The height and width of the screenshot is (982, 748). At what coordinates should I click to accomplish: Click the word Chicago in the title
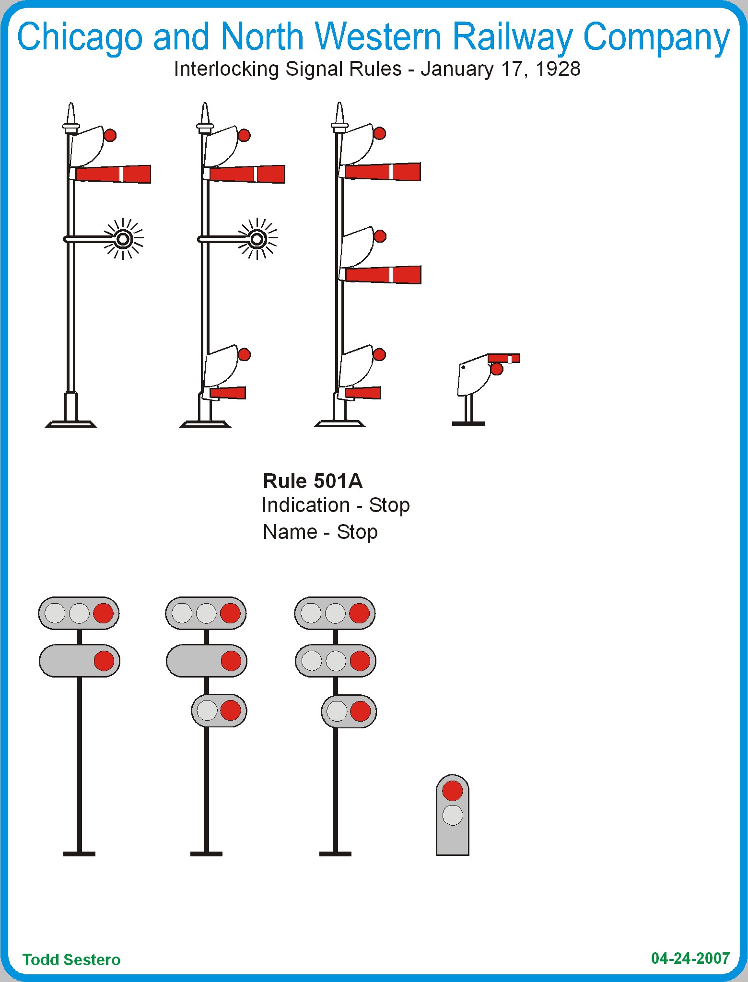pos(80,37)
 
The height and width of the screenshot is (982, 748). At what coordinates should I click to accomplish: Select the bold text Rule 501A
pos(313,481)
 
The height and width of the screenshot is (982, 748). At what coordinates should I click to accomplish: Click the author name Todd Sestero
pos(71,959)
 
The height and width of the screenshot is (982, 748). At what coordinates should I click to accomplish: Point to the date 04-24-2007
pos(690,958)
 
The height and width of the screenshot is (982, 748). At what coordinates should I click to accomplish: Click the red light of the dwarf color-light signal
pos(452,791)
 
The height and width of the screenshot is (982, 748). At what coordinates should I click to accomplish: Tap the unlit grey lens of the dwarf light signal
pos(452,815)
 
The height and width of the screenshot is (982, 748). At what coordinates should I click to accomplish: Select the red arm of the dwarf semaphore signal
pos(503,358)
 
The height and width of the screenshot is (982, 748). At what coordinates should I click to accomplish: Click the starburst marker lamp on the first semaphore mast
pos(123,238)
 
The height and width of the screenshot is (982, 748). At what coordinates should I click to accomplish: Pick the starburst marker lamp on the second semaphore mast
pos(257,238)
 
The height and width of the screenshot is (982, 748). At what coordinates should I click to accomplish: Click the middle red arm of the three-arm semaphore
pos(383,275)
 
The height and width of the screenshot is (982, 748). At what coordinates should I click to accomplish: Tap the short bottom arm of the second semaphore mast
pos(227,393)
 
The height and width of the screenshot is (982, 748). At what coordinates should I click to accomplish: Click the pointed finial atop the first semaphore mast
pos(71,114)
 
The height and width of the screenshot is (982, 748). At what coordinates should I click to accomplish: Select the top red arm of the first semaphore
pos(113,174)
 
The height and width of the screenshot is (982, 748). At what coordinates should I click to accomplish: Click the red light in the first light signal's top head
pos(103,613)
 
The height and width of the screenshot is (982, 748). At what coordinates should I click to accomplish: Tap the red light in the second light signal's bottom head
pos(230,710)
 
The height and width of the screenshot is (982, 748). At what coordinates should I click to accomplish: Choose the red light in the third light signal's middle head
pos(360,661)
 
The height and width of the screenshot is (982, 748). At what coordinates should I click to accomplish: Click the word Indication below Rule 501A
pos(305,505)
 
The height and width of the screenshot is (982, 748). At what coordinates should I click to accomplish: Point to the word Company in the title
pos(656,37)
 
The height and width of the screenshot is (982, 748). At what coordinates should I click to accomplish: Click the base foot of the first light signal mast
pos(79,853)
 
